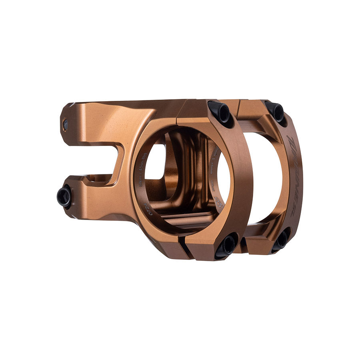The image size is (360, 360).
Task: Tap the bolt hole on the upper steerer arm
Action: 65,125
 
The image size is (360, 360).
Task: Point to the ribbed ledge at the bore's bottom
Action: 188,220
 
